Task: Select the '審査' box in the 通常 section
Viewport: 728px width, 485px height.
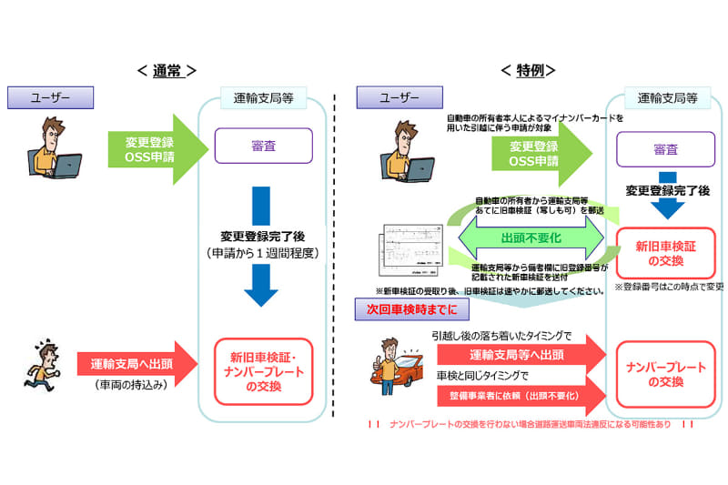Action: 263,145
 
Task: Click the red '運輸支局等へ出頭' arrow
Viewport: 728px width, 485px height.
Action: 517,355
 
